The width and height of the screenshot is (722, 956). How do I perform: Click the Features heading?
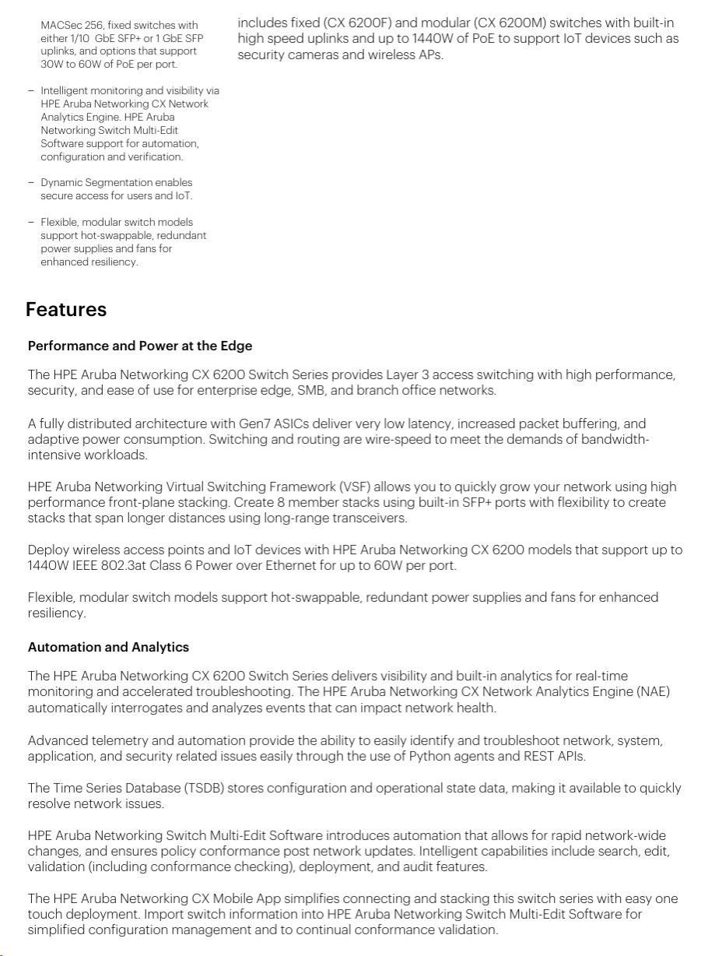point(66,310)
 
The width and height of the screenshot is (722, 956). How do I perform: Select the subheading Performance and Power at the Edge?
point(140,346)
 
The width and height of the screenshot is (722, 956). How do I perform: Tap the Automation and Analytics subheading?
point(108,647)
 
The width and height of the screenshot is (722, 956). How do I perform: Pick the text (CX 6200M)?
point(508,23)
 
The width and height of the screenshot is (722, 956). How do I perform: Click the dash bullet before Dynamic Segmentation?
point(31,183)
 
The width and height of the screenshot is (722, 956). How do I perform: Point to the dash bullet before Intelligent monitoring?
point(31,91)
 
